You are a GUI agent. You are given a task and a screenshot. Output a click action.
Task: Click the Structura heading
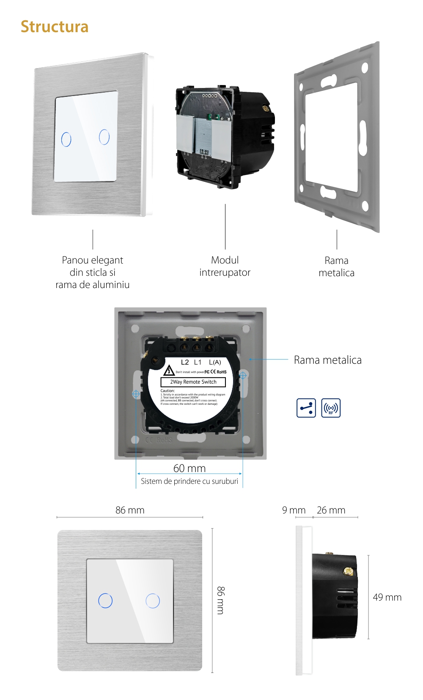pyautogui.click(x=55, y=27)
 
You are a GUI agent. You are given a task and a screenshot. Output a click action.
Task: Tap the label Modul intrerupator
pyautogui.click(x=225, y=266)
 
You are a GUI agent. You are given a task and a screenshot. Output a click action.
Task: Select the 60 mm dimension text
pyautogui.click(x=189, y=468)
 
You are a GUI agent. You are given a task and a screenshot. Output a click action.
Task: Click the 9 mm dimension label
pyautogui.click(x=294, y=510)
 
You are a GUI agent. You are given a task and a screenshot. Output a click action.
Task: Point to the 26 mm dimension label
pyautogui.click(x=331, y=510)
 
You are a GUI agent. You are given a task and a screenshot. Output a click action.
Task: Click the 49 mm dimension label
pyautogui.click(x=387, y=597)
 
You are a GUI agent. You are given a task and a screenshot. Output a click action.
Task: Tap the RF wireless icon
pyautogui.click(x=331, y=408)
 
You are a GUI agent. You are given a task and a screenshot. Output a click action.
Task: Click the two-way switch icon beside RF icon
pyautogui.click(x=306, y=408)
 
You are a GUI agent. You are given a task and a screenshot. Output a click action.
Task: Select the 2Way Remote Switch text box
pyautogui.click(x=193, y=382)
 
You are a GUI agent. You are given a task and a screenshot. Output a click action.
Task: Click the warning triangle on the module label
pyautogui.click(x=169, y=371)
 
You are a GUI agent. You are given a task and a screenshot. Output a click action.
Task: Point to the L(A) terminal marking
pyautogui.click(x=215, y=362)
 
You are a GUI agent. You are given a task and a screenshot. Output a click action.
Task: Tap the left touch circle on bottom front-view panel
pyautogui.click(x=105, y=601)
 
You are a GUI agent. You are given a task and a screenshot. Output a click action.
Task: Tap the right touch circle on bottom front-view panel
pyautogui.click(x=153, y=601)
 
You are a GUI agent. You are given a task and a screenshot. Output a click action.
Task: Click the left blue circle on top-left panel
pyautogui.click(x=66, y=140)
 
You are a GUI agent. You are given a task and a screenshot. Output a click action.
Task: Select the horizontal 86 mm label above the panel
pyautogui.click(x=130, y=510)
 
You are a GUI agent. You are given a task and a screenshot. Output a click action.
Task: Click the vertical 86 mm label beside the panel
pyautogui.click(x=220, y=600)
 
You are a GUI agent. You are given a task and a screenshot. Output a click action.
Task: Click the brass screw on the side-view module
pyautogui.click(x=349, y=571)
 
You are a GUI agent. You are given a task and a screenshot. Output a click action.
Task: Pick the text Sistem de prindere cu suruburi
pyautogui.click(x=189, y=481)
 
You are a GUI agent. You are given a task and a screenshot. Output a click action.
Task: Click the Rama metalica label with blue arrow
pyautogui.click(x=327, y=360)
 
